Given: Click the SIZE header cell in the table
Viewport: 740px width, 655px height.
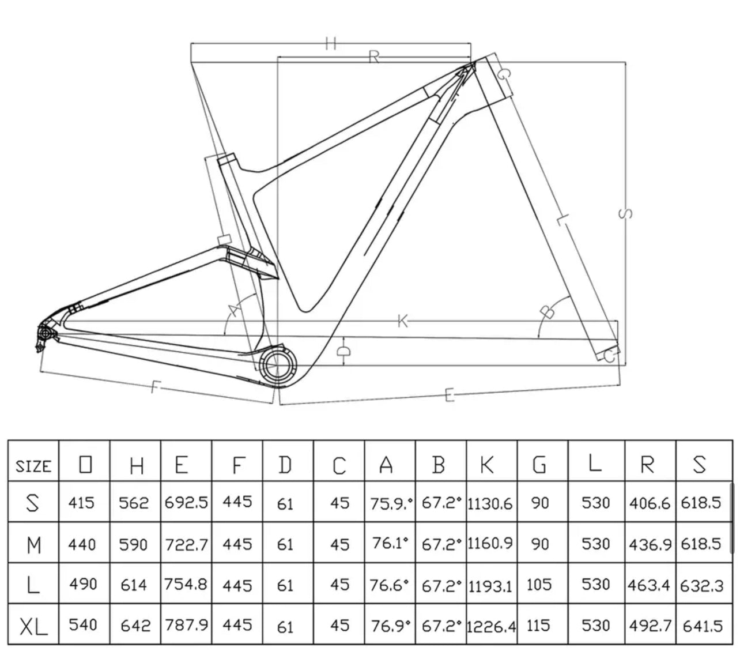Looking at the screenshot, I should point(33,465).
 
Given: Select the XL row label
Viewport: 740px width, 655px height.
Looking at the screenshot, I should point(33,625).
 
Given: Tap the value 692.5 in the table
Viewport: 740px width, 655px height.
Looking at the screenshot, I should point(186,503).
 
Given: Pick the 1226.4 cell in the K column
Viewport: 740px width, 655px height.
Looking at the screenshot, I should point(492,625).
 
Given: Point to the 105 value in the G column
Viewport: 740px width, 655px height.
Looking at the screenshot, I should point(539,585).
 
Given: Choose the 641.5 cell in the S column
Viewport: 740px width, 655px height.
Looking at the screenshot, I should point(703,625).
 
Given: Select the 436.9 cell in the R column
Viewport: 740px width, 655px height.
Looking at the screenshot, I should point(649,544).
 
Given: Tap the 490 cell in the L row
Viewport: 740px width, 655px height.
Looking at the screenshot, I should point(83,585).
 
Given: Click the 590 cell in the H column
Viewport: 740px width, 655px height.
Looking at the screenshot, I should point(134,544).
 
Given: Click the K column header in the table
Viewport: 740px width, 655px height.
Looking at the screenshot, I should point(488,464).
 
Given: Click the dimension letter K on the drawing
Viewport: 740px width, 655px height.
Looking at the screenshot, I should point(403,321).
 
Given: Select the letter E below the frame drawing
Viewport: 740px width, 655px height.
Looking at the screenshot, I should point(450,394).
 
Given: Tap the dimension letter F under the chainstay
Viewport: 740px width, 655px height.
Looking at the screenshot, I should point(154,386).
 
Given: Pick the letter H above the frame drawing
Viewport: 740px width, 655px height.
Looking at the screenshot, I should point(330,43).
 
